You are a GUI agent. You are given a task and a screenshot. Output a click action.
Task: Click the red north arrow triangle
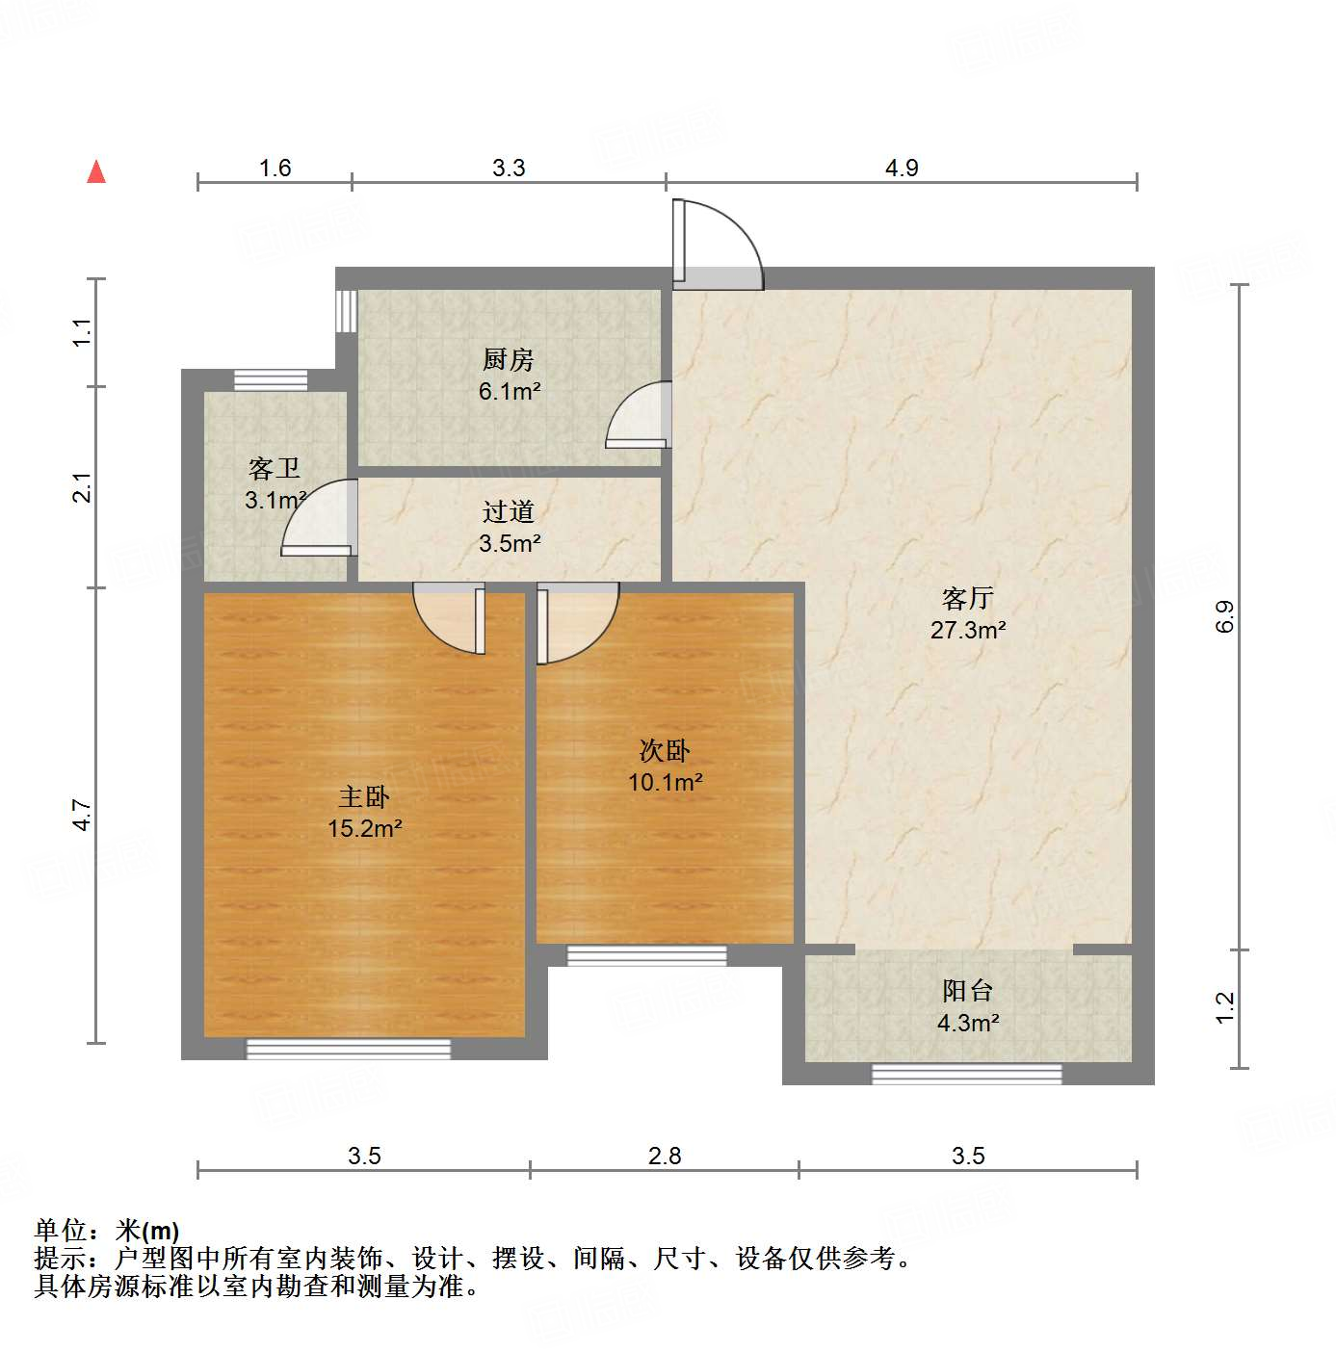(96, 171)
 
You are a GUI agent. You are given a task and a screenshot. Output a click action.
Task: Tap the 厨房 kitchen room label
(508, 360)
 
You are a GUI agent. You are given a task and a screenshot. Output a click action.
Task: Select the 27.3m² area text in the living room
(968, 630)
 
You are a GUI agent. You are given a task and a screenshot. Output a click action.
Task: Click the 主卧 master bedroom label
(364, 796)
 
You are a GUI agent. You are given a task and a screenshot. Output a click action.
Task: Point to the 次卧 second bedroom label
(665, 750)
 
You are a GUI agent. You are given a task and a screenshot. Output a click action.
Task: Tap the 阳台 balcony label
(967, 990)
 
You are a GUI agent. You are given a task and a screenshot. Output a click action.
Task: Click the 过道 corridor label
(508, 511)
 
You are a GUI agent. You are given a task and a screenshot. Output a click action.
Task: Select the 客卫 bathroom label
(275, 469)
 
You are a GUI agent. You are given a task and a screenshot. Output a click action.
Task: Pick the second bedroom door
(575, 622)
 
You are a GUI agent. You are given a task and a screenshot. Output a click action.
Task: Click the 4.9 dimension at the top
(902, 168)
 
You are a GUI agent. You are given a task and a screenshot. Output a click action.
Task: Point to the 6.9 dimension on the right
(1224, 616)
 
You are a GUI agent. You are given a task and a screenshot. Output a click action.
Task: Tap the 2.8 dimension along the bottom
(665, 1155)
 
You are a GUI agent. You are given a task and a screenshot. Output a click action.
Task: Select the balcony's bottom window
(967, 1074)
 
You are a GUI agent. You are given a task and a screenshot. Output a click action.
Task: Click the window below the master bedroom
(349, 1049)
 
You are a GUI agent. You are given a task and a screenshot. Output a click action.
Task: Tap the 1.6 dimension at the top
(275, 168)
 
